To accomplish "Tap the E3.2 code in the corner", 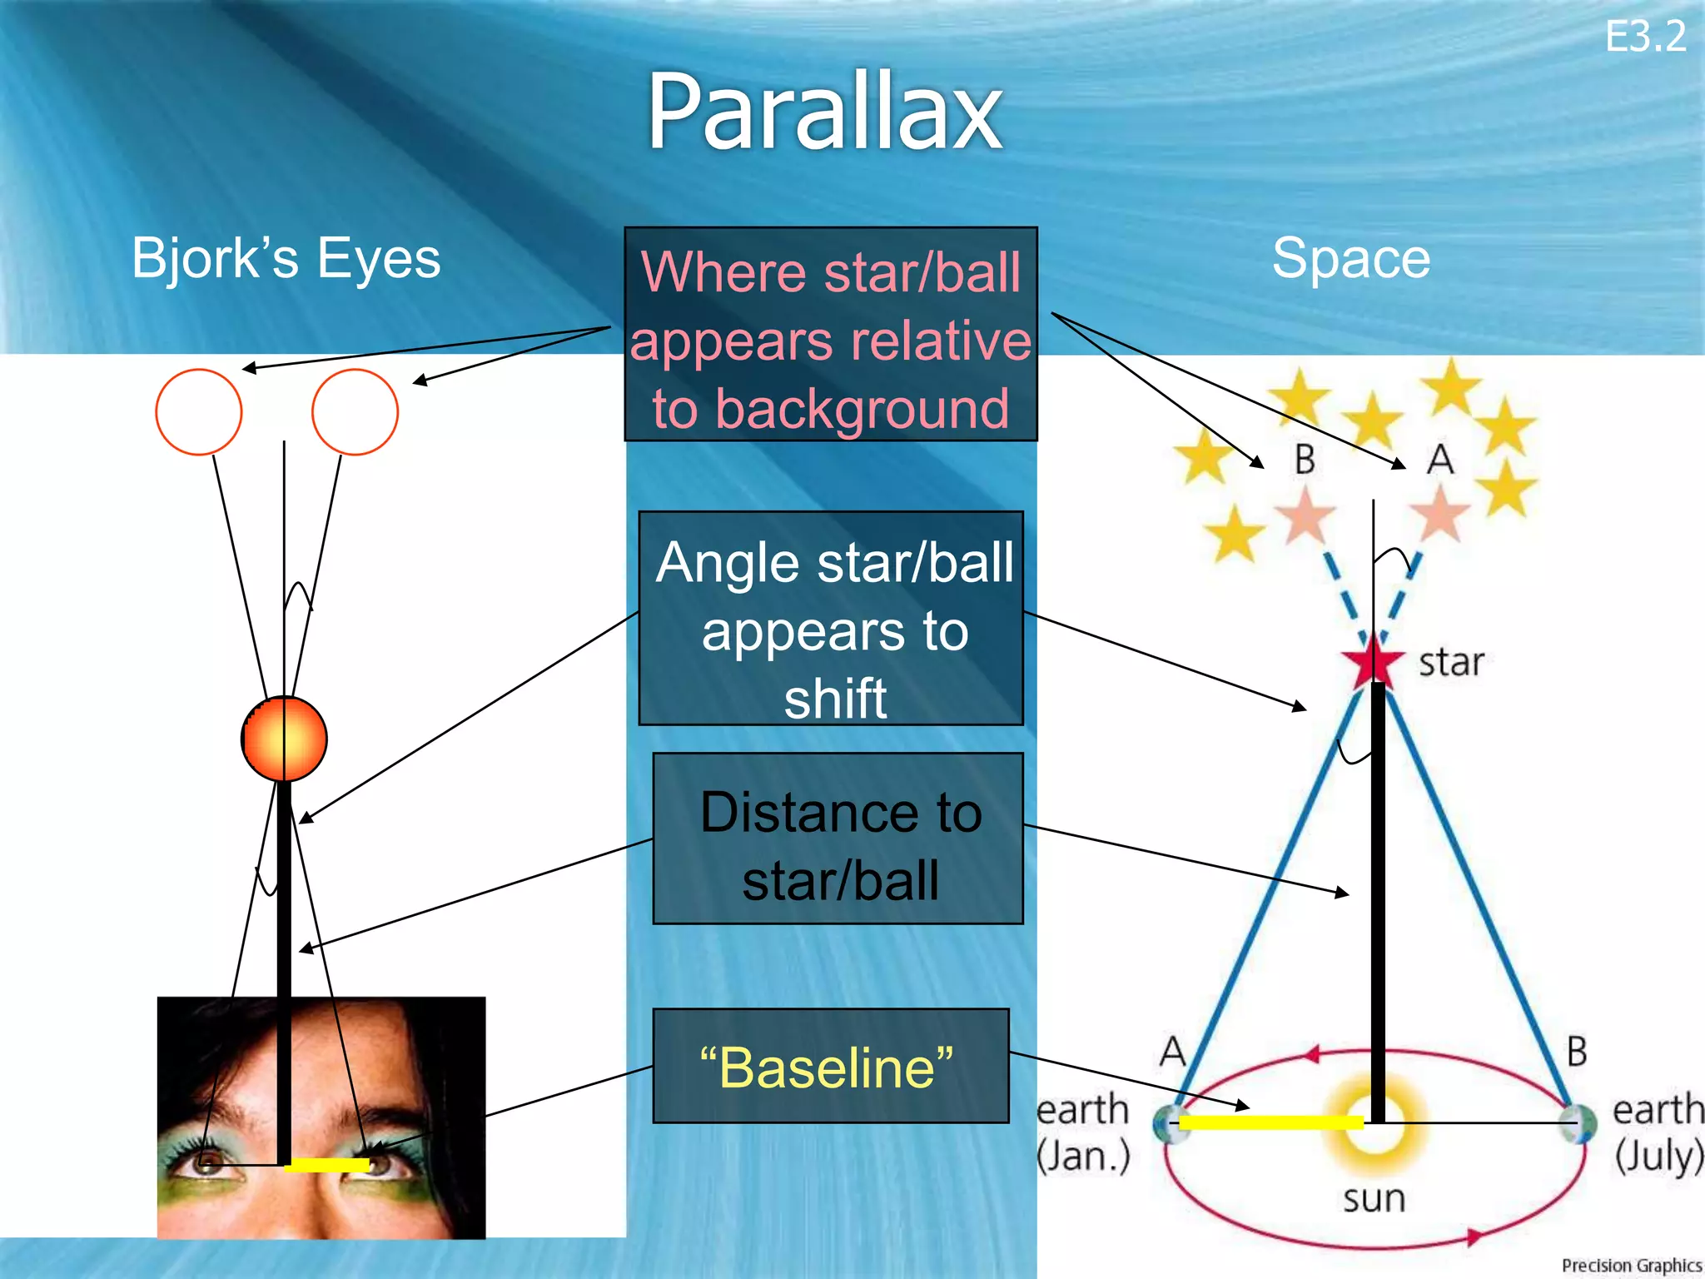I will coord(1644,37).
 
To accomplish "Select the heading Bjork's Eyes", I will coord(286,258).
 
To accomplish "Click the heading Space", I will coord(1350,258).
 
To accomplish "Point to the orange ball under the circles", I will coord(284,739).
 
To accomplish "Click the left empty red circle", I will coord(199,412).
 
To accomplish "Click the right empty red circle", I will coord(355,412).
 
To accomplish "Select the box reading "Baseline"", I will coord(830,1067).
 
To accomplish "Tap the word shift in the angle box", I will coord(835,698).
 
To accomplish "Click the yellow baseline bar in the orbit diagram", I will coord(1270,1122).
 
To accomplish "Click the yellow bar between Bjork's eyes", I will coord(326,1165).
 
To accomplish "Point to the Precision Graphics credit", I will coord(1630,1265).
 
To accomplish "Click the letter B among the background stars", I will coord(1305,460).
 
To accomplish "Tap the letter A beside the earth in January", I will coord(1172,1051).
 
